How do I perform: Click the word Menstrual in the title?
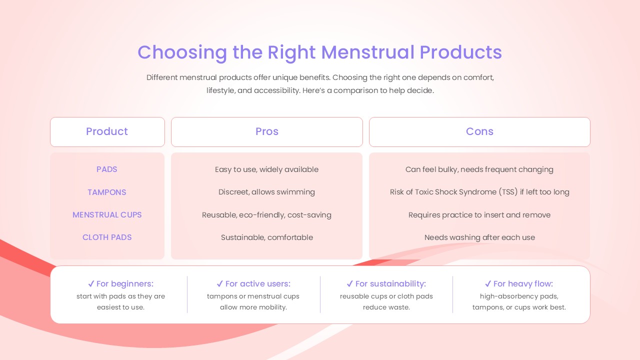[367, 52]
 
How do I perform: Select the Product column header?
[107, 131]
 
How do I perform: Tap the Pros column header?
[267, 131]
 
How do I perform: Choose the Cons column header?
[479, 131]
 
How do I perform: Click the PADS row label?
[107, 169]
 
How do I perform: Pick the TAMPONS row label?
[107, 192]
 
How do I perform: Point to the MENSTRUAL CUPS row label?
[107, 215]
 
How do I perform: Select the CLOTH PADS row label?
[107, 237]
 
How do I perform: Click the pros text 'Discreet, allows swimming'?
[266, 192]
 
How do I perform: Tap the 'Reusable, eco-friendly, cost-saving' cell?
[266, 215]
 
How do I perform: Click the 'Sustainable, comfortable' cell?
[267, 237]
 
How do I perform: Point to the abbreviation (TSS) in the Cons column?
[508, 192]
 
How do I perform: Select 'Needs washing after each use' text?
[479, 237]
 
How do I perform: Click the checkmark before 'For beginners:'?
[91, 283]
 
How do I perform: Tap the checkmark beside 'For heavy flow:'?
[488, 283]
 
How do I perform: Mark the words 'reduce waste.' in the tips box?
[386, 307]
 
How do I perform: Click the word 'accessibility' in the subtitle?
[276, 90]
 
